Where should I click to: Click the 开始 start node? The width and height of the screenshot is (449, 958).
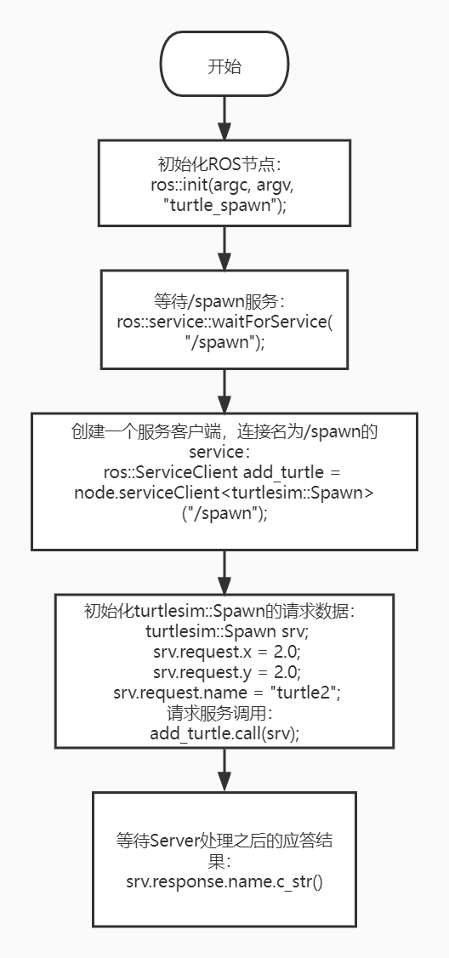(x=224, y=64)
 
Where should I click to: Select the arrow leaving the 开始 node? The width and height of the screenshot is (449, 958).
(x=224, y=118)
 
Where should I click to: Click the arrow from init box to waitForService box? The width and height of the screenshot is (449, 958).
(x=224, y=248)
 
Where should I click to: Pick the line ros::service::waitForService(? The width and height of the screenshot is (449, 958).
(x=224, y=322)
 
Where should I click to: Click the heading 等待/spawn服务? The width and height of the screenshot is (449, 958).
(x=220, y=302)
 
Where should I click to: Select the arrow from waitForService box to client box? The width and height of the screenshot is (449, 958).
(x=224, y=391)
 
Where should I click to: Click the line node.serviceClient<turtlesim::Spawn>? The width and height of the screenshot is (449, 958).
(x=224, y=493)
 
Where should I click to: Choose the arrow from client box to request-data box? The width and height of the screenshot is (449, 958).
(x=224, y=572)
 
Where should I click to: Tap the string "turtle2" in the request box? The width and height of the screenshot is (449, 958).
(x=304, y=693)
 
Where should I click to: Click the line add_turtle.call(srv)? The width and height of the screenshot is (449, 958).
(x=224, y=733)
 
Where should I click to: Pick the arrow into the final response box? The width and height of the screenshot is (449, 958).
(x=224, y=770)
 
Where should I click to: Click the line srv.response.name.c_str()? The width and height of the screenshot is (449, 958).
(x=224, y=881)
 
